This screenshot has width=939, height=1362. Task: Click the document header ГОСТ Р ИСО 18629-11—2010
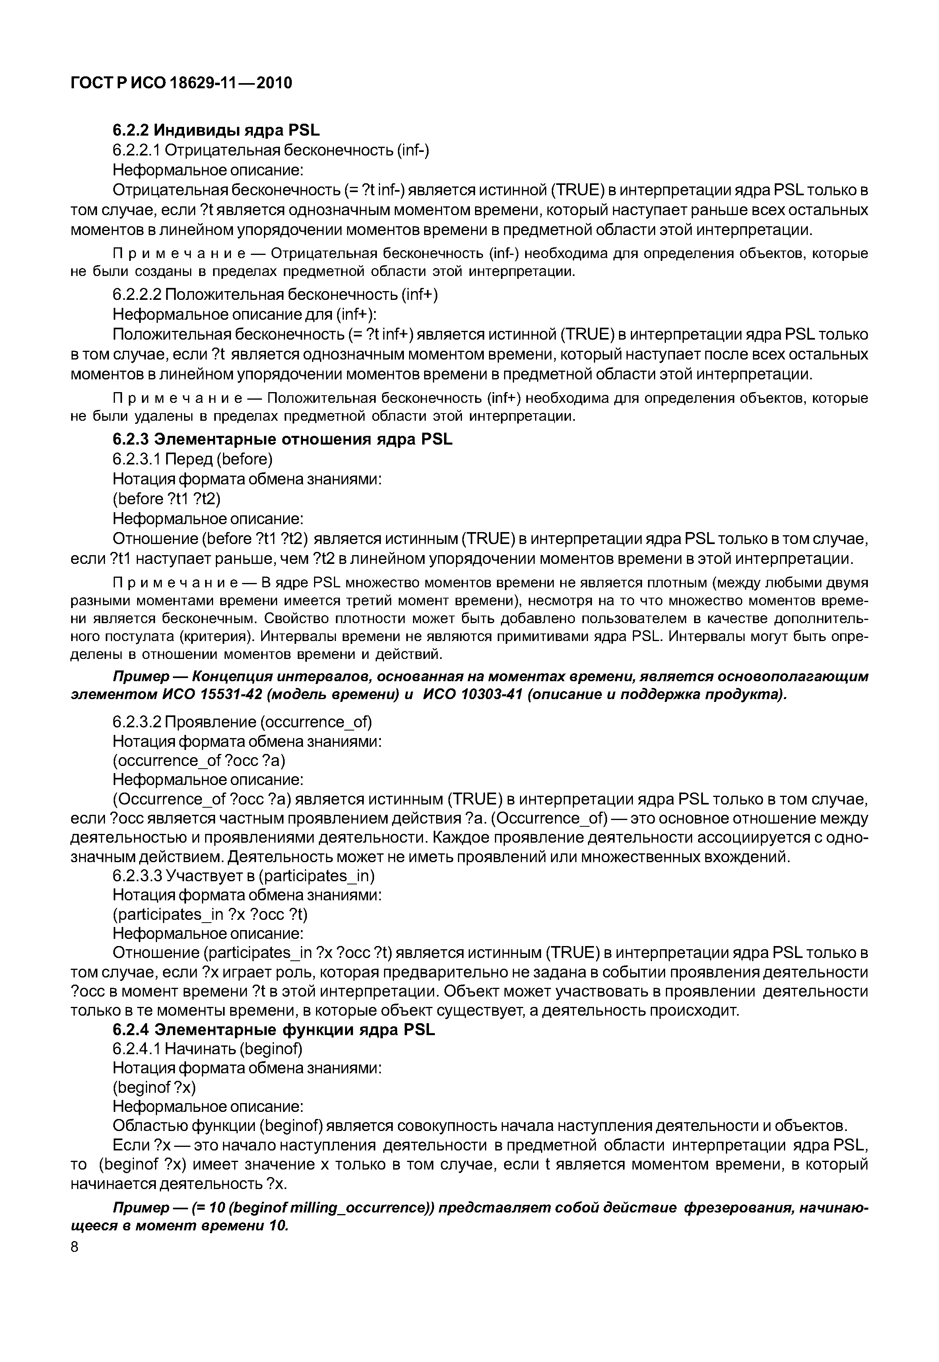[x=181, y=83]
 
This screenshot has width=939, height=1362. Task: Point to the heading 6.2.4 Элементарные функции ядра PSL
[x=274, y=1030]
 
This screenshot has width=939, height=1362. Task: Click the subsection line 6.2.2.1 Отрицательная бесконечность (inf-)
[x=271, y=151]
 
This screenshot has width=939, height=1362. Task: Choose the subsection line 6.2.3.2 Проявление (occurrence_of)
[x=242, y=722]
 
